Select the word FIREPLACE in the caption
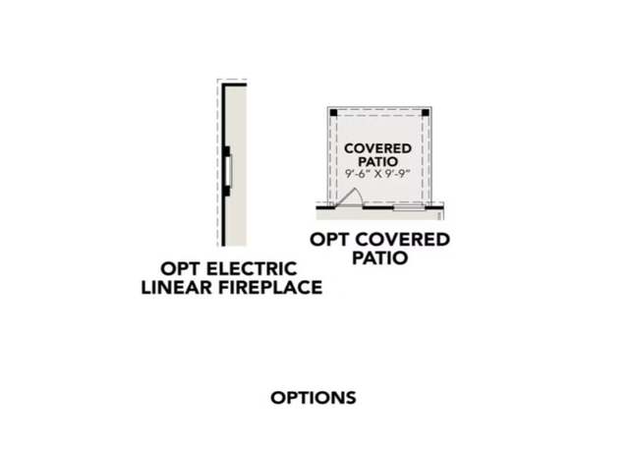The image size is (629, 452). click(270, 287)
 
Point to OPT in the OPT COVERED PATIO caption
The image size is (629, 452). click(329, 240)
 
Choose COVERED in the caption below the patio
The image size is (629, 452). click(402, 240)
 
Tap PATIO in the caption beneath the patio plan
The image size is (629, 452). click(380, 257)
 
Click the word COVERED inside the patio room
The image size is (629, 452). click(377, 148)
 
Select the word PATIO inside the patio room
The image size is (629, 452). click(377, 161)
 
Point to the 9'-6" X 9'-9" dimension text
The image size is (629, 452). click(378, 174)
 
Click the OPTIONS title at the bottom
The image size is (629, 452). click(314, 398)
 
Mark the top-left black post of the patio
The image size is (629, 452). click(334, 113)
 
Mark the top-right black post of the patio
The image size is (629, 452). click(426, 113)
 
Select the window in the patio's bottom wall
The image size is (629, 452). click(409, 207)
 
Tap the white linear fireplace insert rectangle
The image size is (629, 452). click(228, 171)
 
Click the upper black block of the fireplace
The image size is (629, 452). click(227, 151)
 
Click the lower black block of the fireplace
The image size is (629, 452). click(227, 191)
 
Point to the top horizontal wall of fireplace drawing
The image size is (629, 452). click(234, 85)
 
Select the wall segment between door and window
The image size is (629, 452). click(377, 207)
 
